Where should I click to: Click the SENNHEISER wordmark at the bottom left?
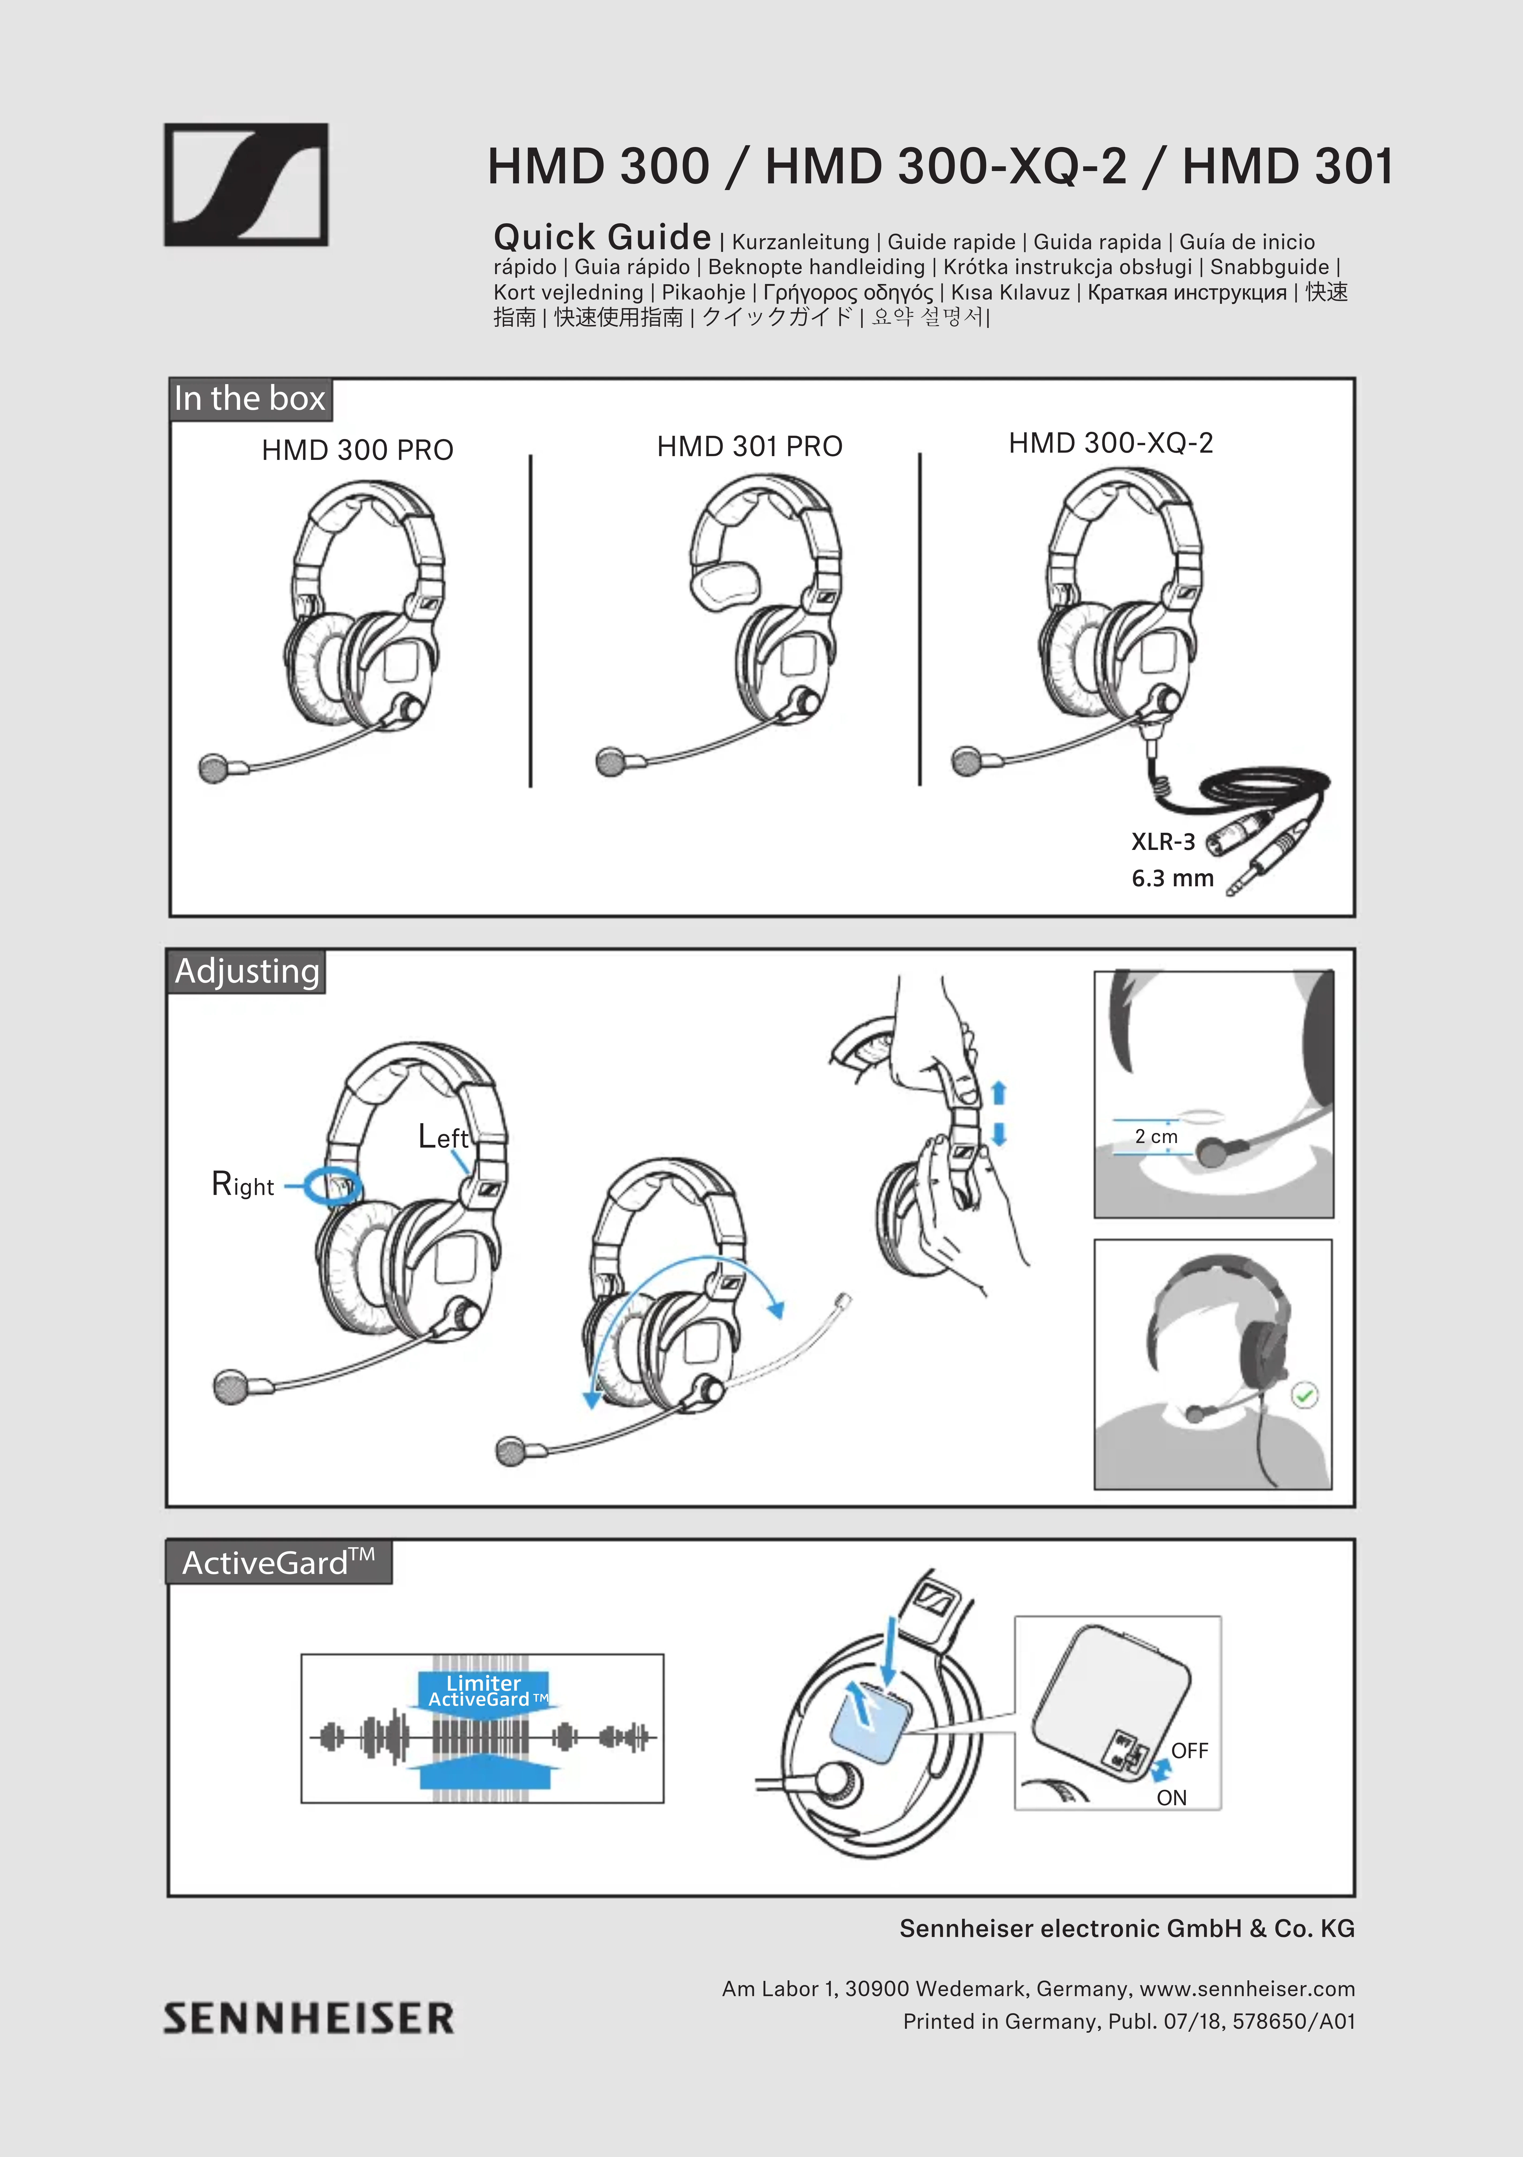click(308, 2018)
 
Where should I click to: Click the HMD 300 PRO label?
click(357, 450)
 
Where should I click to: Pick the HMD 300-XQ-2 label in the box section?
click(1111, 442)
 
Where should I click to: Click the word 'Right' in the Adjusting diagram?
click(242, 1185)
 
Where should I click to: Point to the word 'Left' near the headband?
click(443, 1137)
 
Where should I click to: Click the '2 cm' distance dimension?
click(1156, 1136)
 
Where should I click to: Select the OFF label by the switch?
click(1189, 1750)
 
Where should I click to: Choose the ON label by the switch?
click(1172, 1797)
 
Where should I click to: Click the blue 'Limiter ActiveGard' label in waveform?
click(483, 1691)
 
